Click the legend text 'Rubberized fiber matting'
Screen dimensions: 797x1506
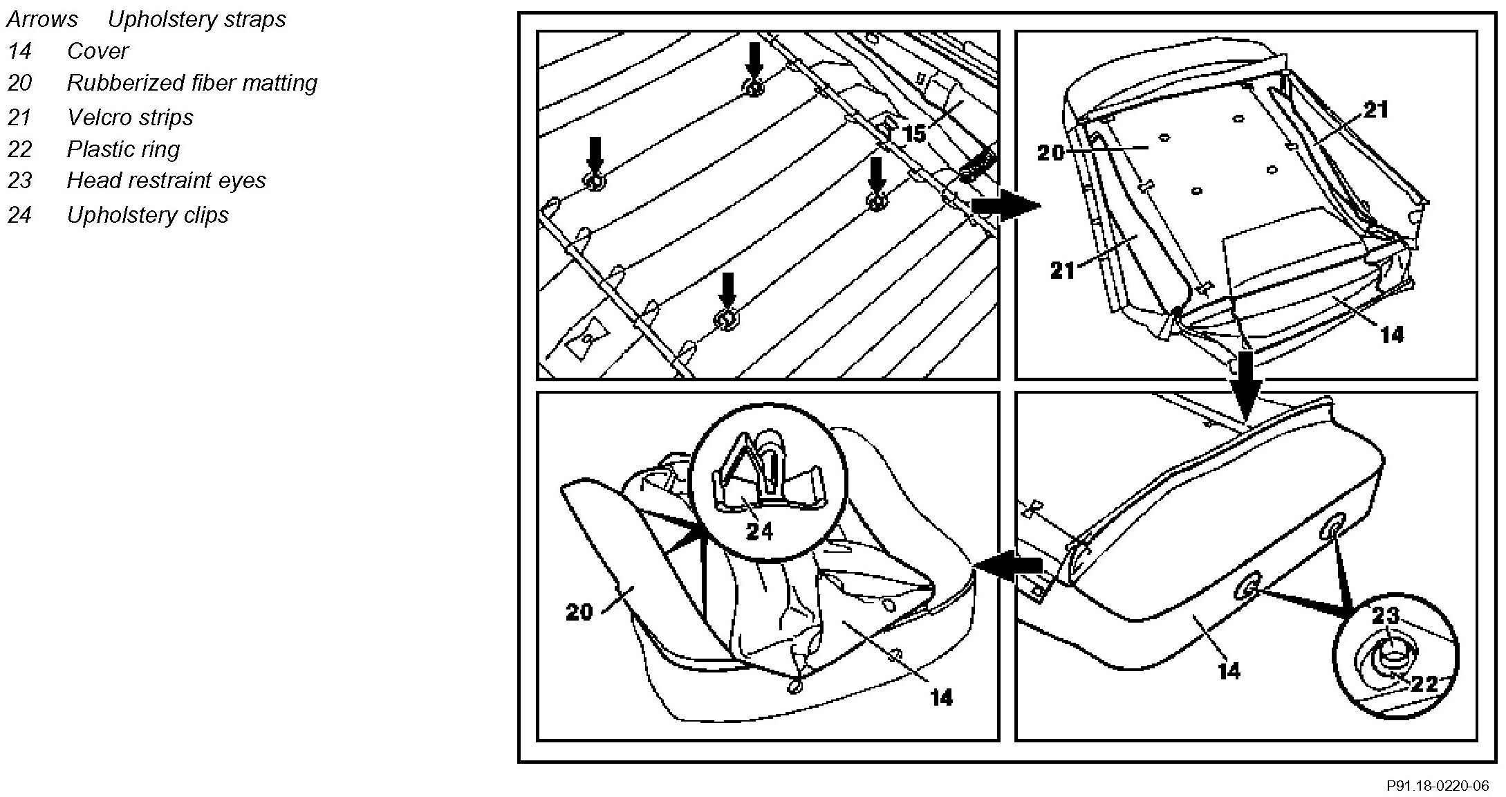click(x=192, y=83)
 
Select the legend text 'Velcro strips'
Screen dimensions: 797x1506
click(x=130, y=117)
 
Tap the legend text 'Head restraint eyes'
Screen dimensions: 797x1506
click(x=166, y=181)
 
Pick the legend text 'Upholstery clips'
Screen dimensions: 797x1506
click(x=147, y=214)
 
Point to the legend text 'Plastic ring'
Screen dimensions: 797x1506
click(x=123, y=149)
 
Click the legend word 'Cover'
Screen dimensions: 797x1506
click(x=97, y=51)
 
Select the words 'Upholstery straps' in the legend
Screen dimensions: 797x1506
click(x=196, y=19)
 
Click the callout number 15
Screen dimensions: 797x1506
click(x=914, y=134)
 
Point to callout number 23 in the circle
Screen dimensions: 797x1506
click(x=1386, y=615)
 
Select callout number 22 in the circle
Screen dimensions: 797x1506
click(x=1424, y=684)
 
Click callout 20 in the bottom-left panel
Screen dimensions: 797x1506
click(x=579, y=612)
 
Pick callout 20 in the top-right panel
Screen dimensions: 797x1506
click(x=1050, y=152)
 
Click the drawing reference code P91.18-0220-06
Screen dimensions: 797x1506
click(x=1438, y=786)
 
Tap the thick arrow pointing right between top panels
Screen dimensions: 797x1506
click(x=1005, y=205)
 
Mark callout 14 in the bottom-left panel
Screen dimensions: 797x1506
click(x=942, y=697)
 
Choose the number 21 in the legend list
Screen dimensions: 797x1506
click(x=19, y=117)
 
